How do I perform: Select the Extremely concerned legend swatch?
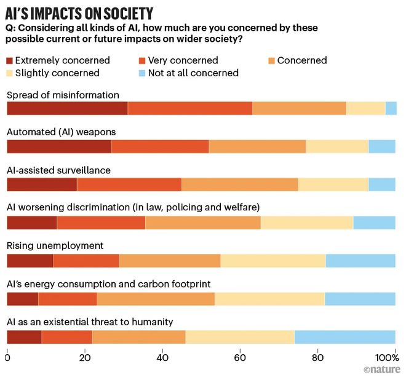tap(10, 61)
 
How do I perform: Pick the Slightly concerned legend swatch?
tap(10, 73)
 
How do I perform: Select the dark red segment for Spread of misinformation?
tap(67, 108)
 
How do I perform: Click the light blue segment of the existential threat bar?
tap(345, 337)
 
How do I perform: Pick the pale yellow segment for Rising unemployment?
tap(273, 261)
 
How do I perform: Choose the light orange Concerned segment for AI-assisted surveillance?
tap(240, 184)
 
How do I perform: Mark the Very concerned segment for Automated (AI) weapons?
tap(160, 146)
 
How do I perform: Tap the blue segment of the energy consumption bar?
tap(360, 299)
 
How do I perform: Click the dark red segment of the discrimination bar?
tap(31, 223)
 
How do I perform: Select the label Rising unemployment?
tap(55, 246)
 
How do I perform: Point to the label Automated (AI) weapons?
tap(61, 132)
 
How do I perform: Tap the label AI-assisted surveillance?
tap(58, 170)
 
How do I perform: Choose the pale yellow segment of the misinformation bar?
tap(365, 108)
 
